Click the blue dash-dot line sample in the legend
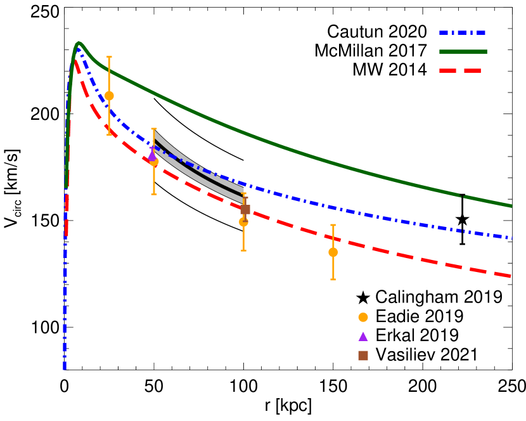(x=463, y=32)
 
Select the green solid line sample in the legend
(x=463, y=51)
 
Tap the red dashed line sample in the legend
(x=460, y=70)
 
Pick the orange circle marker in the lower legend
(x=363, y=317)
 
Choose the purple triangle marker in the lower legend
(x=363, y=337)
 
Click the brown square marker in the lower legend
(x=363, y=356)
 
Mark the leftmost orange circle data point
(x=109, y=96)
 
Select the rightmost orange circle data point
(x=333, y=252)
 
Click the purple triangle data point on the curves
(x=151, y=155)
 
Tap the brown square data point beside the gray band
(x=245, y=209)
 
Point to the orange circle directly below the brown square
(x=243, y=222)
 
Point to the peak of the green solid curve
(x=78, y=43)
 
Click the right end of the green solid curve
(x=511, y=205)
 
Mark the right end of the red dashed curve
(x=510, y=276)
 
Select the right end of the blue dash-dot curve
(x=511, y=238)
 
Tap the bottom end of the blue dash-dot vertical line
(x=65, y=368)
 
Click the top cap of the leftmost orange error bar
(x=109, y=57)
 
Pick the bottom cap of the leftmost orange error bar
(x=109, y=134)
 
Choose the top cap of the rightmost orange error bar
(x=333, y=225)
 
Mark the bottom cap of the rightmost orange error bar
(x=333, y=280)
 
